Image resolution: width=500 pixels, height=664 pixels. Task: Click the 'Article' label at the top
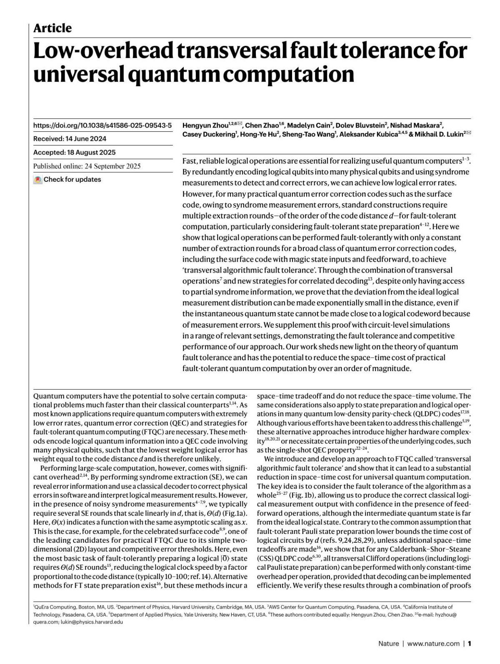[x=52, y=28]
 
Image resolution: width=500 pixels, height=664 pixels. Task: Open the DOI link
[x=102, y=125]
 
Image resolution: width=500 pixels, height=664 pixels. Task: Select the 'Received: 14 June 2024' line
[x=70, y=139]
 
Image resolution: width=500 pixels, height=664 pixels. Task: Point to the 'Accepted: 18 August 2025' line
[x=74, y=152]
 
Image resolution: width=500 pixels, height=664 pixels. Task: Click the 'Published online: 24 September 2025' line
[x=87, y=166]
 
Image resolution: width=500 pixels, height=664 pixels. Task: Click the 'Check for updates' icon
[x=38, y=180]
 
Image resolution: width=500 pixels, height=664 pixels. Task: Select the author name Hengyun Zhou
[x=205, y=125]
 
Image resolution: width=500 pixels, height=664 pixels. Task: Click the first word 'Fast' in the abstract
[x=189, y=161]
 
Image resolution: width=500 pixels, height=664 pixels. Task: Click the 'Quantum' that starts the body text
[x=45, y=396]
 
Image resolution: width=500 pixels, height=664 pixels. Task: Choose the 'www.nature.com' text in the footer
[x=433, y=644]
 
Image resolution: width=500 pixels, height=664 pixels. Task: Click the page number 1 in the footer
[x=470, y=644]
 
